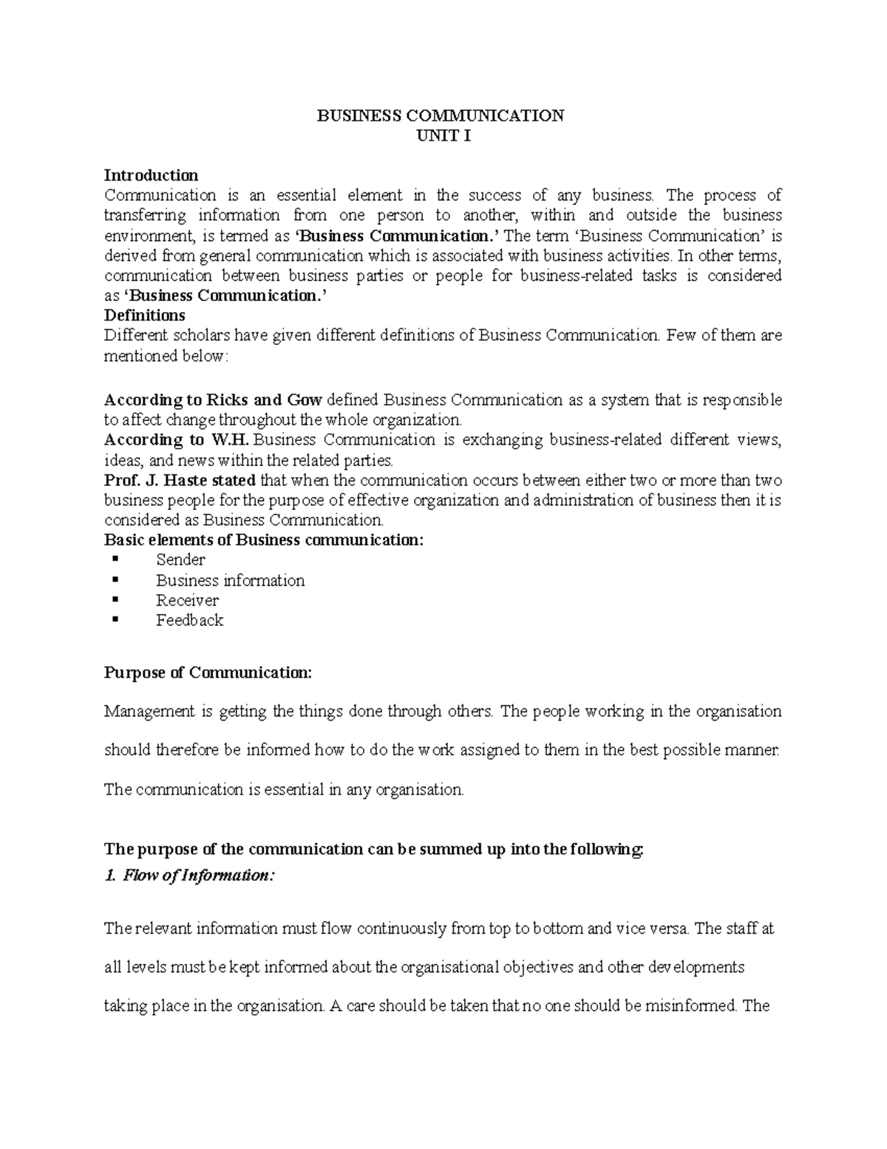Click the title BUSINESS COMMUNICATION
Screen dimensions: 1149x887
(x=441, y=116)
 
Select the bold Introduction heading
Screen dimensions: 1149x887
(x=151, y=175)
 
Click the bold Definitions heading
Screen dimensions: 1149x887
(x=145, y=315)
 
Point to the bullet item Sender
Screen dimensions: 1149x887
(x=180, y=560)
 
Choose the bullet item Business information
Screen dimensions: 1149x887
(x=230, y=581)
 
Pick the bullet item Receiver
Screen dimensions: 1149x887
(x=187, y=601)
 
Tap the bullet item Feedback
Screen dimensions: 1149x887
(x=189, y=621)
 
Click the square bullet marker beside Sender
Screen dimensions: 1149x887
(x=114, y=559)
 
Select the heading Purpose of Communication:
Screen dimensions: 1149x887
(x=208, y=673)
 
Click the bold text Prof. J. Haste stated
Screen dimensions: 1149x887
(x=180, y=480)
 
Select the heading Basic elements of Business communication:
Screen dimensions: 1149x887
(x=264, y=540)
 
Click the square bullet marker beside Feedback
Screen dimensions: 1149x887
(x=114, y=620)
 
